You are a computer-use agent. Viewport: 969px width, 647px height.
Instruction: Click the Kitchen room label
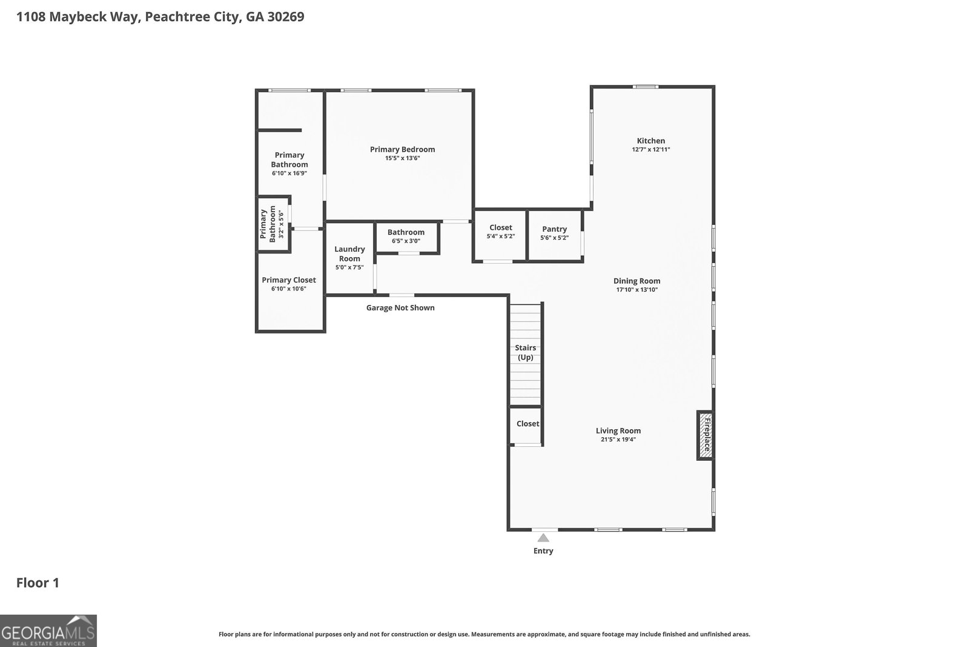click(x=651, y=141)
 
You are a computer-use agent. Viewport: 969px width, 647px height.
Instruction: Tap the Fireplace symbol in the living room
click(x=705, y=435)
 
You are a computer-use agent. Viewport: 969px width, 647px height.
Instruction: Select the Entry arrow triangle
click(x=543, y=538)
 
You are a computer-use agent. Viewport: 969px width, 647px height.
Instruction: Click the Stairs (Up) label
click(x=525, y=352)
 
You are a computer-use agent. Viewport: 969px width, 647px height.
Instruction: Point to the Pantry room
click(x=554, y=233)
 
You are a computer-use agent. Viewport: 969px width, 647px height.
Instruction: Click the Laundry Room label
click(x=349, y=253)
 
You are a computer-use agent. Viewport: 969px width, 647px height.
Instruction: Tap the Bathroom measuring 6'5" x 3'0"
click(x=406, y=236)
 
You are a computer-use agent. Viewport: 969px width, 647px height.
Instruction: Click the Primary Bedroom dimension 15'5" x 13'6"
click(x=402, y=158)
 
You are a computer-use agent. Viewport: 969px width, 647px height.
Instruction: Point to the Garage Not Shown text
click(x=400, y=307)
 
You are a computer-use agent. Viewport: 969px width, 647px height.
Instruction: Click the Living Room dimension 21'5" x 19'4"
click(x=618, y=440)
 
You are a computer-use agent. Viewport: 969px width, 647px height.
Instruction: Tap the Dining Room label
click(x=637, y=281)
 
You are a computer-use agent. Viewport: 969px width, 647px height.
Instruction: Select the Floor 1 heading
click(x=38, y=583)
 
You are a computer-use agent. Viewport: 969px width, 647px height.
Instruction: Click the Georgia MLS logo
click(x=48, y=631)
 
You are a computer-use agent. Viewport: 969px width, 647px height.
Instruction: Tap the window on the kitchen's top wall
click(x=646, y=87)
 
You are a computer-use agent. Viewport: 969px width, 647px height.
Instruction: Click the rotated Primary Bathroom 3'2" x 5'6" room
click(x=273, y=224)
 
